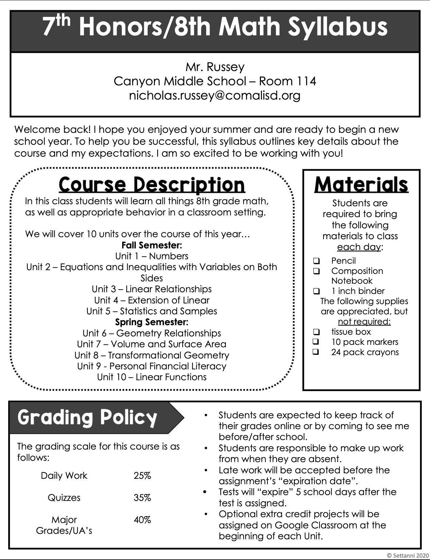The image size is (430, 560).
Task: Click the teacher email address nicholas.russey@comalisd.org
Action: [215, 95]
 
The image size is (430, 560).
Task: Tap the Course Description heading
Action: [152, 185]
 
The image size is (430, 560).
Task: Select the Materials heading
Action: [361, 185]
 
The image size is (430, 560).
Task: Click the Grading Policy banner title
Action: [87, 417]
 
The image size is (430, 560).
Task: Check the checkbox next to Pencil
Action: [316, 261]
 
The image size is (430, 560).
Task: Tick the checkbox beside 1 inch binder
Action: [316, 291]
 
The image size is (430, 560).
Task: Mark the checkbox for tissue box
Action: [316, 332]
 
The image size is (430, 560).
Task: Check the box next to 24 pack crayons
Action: [316, 352]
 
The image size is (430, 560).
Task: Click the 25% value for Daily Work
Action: [142, 476]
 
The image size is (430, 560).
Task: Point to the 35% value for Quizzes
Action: [142, 498]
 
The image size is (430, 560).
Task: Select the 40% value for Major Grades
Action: [142, 520]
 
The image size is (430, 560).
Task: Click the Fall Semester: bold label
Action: [152, 245]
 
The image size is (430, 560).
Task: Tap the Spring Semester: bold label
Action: [152, 322]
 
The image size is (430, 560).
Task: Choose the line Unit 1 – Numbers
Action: [152, 256]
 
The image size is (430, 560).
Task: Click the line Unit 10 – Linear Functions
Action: [152, 377]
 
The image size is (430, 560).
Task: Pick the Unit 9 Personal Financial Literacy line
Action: [152, 366]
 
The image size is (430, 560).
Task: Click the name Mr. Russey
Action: [215, 67]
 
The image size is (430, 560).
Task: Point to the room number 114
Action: [306, 81]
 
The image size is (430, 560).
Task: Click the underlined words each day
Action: [359, 247]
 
